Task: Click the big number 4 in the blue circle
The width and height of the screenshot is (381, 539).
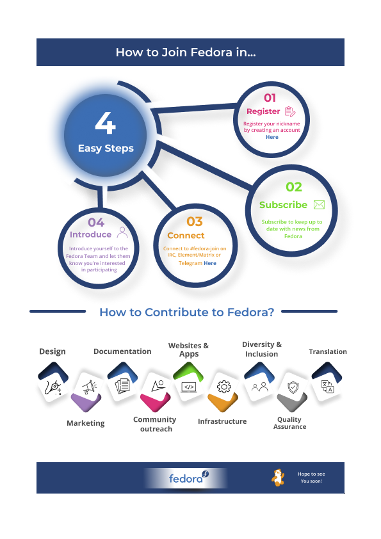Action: [x=105, y=123]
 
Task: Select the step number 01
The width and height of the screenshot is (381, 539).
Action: [x=270, y=98]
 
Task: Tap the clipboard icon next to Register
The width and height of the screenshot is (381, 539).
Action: [x=290, y=111]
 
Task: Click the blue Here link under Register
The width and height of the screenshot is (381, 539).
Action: [x=272, y=137]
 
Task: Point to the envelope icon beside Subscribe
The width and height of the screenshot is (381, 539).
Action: [x=319, y=205]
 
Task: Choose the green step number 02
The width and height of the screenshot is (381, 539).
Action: [x=294, y=187]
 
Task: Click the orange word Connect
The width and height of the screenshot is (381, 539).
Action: [x=186, y=236]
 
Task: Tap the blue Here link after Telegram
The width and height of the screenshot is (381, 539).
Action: [x=210, y=263]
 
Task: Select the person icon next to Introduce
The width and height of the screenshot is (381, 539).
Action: [x=122, y=232]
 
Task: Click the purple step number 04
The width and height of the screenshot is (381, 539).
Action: [x=96, y=222]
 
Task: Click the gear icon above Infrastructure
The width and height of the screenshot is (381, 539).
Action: [x=224, y=387]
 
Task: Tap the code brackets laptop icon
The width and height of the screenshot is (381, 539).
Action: [x=189, y=387]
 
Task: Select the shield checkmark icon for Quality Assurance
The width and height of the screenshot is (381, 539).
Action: [x=293, y=387]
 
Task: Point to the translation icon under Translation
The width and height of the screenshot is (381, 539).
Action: [x=327, y=387]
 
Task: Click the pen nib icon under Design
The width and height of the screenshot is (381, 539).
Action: [x=54, y=387]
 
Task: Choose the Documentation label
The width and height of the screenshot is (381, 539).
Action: [x=122, y=351]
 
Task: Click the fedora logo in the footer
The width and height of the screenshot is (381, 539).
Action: [x=188, y=478]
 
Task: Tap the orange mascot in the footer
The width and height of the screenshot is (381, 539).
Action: [x=278, y=478]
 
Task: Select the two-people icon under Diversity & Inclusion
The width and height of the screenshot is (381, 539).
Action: [x=259, y=387]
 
